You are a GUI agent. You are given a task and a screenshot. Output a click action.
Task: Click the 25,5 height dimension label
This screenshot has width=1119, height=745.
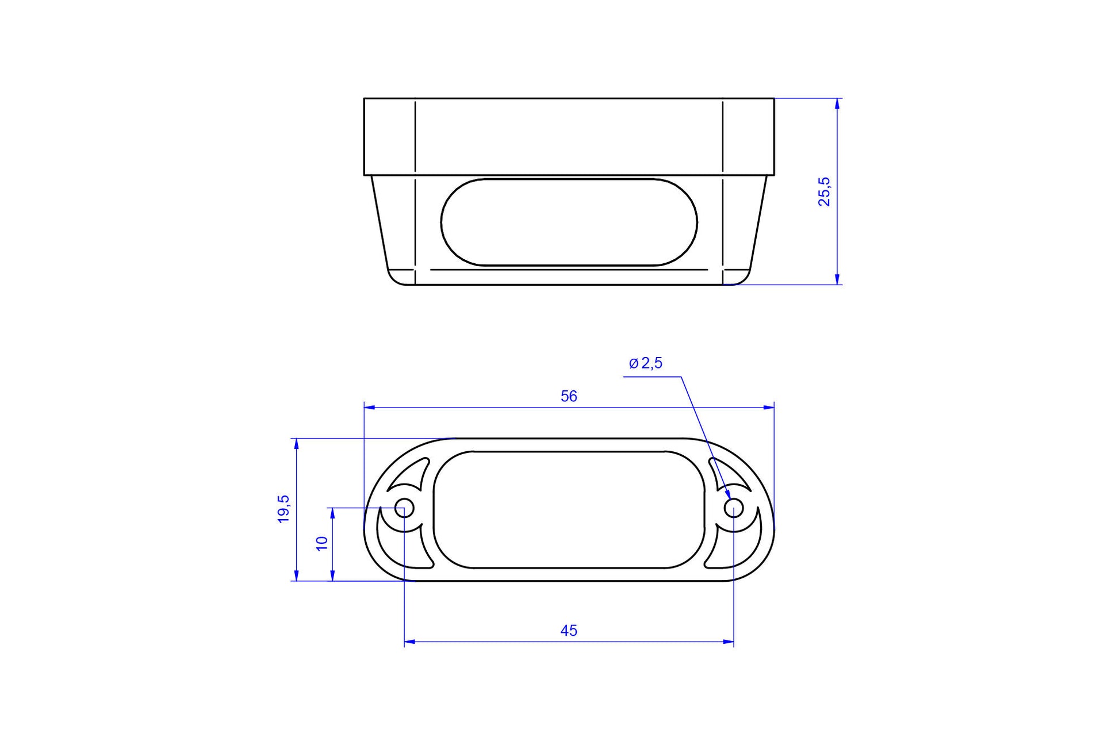click(824, 191)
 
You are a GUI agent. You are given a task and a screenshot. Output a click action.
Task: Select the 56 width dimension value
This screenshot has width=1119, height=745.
click(569, 396)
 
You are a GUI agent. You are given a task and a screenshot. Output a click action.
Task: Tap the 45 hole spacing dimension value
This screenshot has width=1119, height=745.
click(569, 631)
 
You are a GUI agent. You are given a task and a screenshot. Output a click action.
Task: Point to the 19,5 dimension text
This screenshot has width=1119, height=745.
click(283, 509)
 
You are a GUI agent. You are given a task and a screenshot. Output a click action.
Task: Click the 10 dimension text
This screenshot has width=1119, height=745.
click(321, 543)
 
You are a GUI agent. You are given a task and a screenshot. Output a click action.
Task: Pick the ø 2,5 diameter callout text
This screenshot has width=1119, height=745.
click(646, 363)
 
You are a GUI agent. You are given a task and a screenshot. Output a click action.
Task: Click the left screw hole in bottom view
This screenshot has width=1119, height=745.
click(404, 508)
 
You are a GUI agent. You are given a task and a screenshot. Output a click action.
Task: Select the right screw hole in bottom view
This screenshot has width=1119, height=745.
click(733, 508)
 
